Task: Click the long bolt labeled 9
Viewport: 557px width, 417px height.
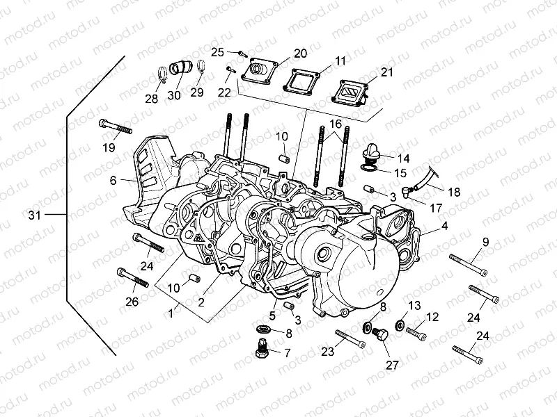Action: [x=466, y=263]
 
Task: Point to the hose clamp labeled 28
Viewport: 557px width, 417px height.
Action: [x=159, y=72]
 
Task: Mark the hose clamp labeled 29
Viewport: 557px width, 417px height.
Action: [x=201, y=69]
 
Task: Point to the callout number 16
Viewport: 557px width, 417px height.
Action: [x=335, y=123]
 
